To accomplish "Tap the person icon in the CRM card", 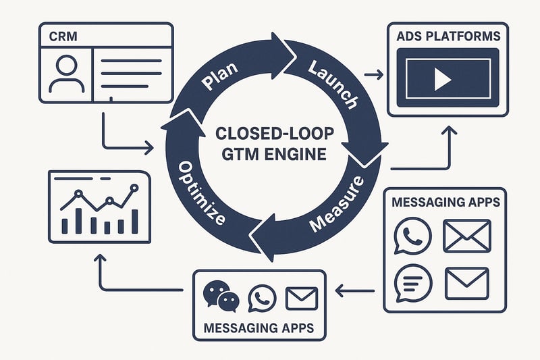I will click(x=65, y=72).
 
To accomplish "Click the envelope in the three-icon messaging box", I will click(x=301, y=298).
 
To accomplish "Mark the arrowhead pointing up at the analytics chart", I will click(x=100, y=259).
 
